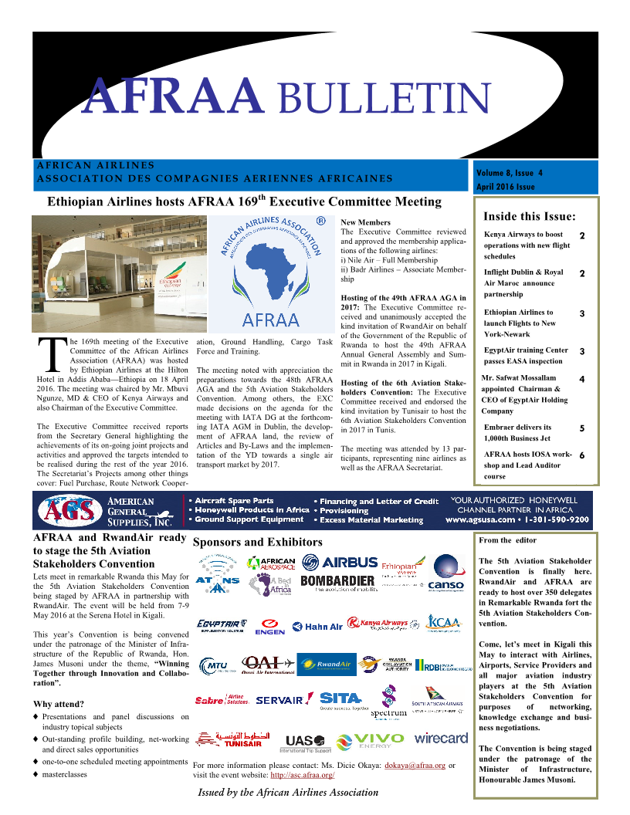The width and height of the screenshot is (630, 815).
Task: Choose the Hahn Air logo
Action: click(317, 626)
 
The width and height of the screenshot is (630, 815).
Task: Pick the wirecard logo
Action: click(441, 739)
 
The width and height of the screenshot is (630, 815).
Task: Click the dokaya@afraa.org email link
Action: click(415, 766)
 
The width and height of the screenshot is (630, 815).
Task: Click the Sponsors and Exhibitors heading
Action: click(257, 543)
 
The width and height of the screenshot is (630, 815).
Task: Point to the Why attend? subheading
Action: click(59, 704)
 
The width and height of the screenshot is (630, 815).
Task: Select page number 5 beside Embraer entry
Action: click(581, 428)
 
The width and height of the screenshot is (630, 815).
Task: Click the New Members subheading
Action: click(365, 223)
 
